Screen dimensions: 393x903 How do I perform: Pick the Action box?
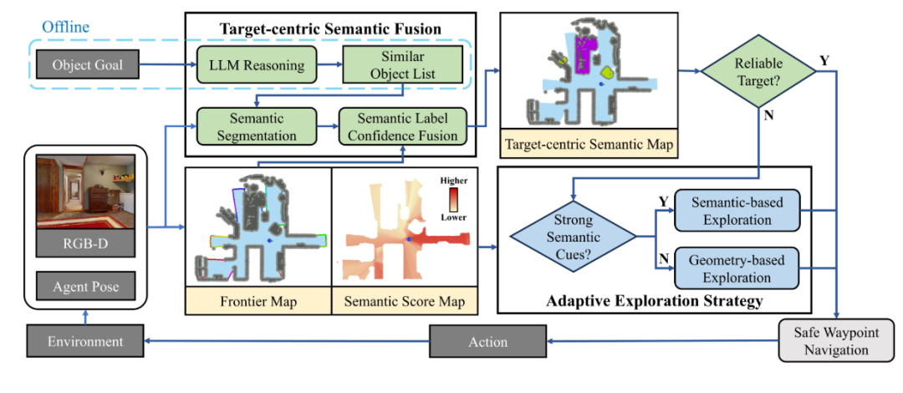coord(488,341)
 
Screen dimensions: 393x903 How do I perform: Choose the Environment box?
coord(85,341)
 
